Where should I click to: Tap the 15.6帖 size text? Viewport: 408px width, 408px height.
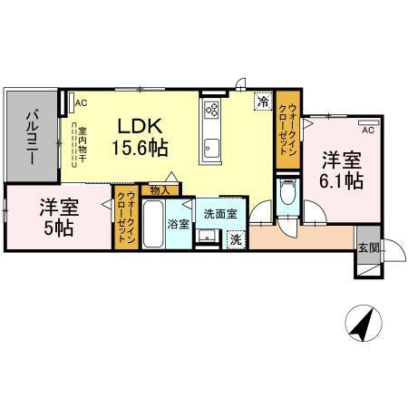point(138,146)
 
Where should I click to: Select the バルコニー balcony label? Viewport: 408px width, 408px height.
point(31,135)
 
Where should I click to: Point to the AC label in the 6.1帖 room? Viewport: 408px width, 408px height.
point(367,128)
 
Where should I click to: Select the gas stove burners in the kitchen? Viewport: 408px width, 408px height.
point(211,111)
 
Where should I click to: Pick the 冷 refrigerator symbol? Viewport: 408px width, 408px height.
point(262,102)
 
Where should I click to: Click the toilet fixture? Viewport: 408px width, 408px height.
point(287,193)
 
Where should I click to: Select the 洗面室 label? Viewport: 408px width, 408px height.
point(219,215)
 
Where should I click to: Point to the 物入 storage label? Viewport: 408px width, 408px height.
point(160,190)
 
